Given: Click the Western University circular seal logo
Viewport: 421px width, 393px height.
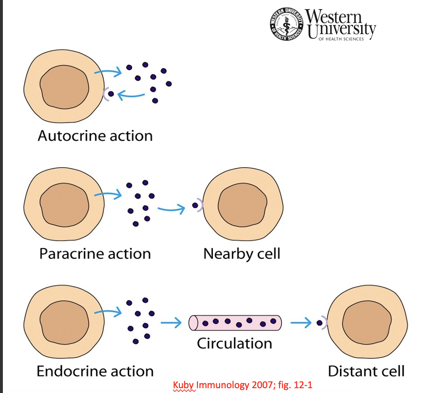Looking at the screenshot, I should click(287, 24).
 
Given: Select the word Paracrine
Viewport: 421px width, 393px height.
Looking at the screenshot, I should click(69, 253).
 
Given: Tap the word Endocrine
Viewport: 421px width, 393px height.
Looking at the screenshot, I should click(67, 371).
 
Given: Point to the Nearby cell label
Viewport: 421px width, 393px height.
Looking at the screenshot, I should click(241, 253).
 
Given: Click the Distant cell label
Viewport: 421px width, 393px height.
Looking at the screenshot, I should click(366, 371).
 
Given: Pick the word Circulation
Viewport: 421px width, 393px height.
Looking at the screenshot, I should click(234, 343).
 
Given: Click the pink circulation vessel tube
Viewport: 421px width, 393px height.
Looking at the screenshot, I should click(235, 323).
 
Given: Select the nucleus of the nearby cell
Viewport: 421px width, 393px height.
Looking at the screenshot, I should click(242, 206).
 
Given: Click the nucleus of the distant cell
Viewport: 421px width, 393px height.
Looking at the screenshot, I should click(366, 323).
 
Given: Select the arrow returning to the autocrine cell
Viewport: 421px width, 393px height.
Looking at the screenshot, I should click(130, 96).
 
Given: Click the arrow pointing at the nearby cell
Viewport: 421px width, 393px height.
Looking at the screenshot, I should click(171, 208).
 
